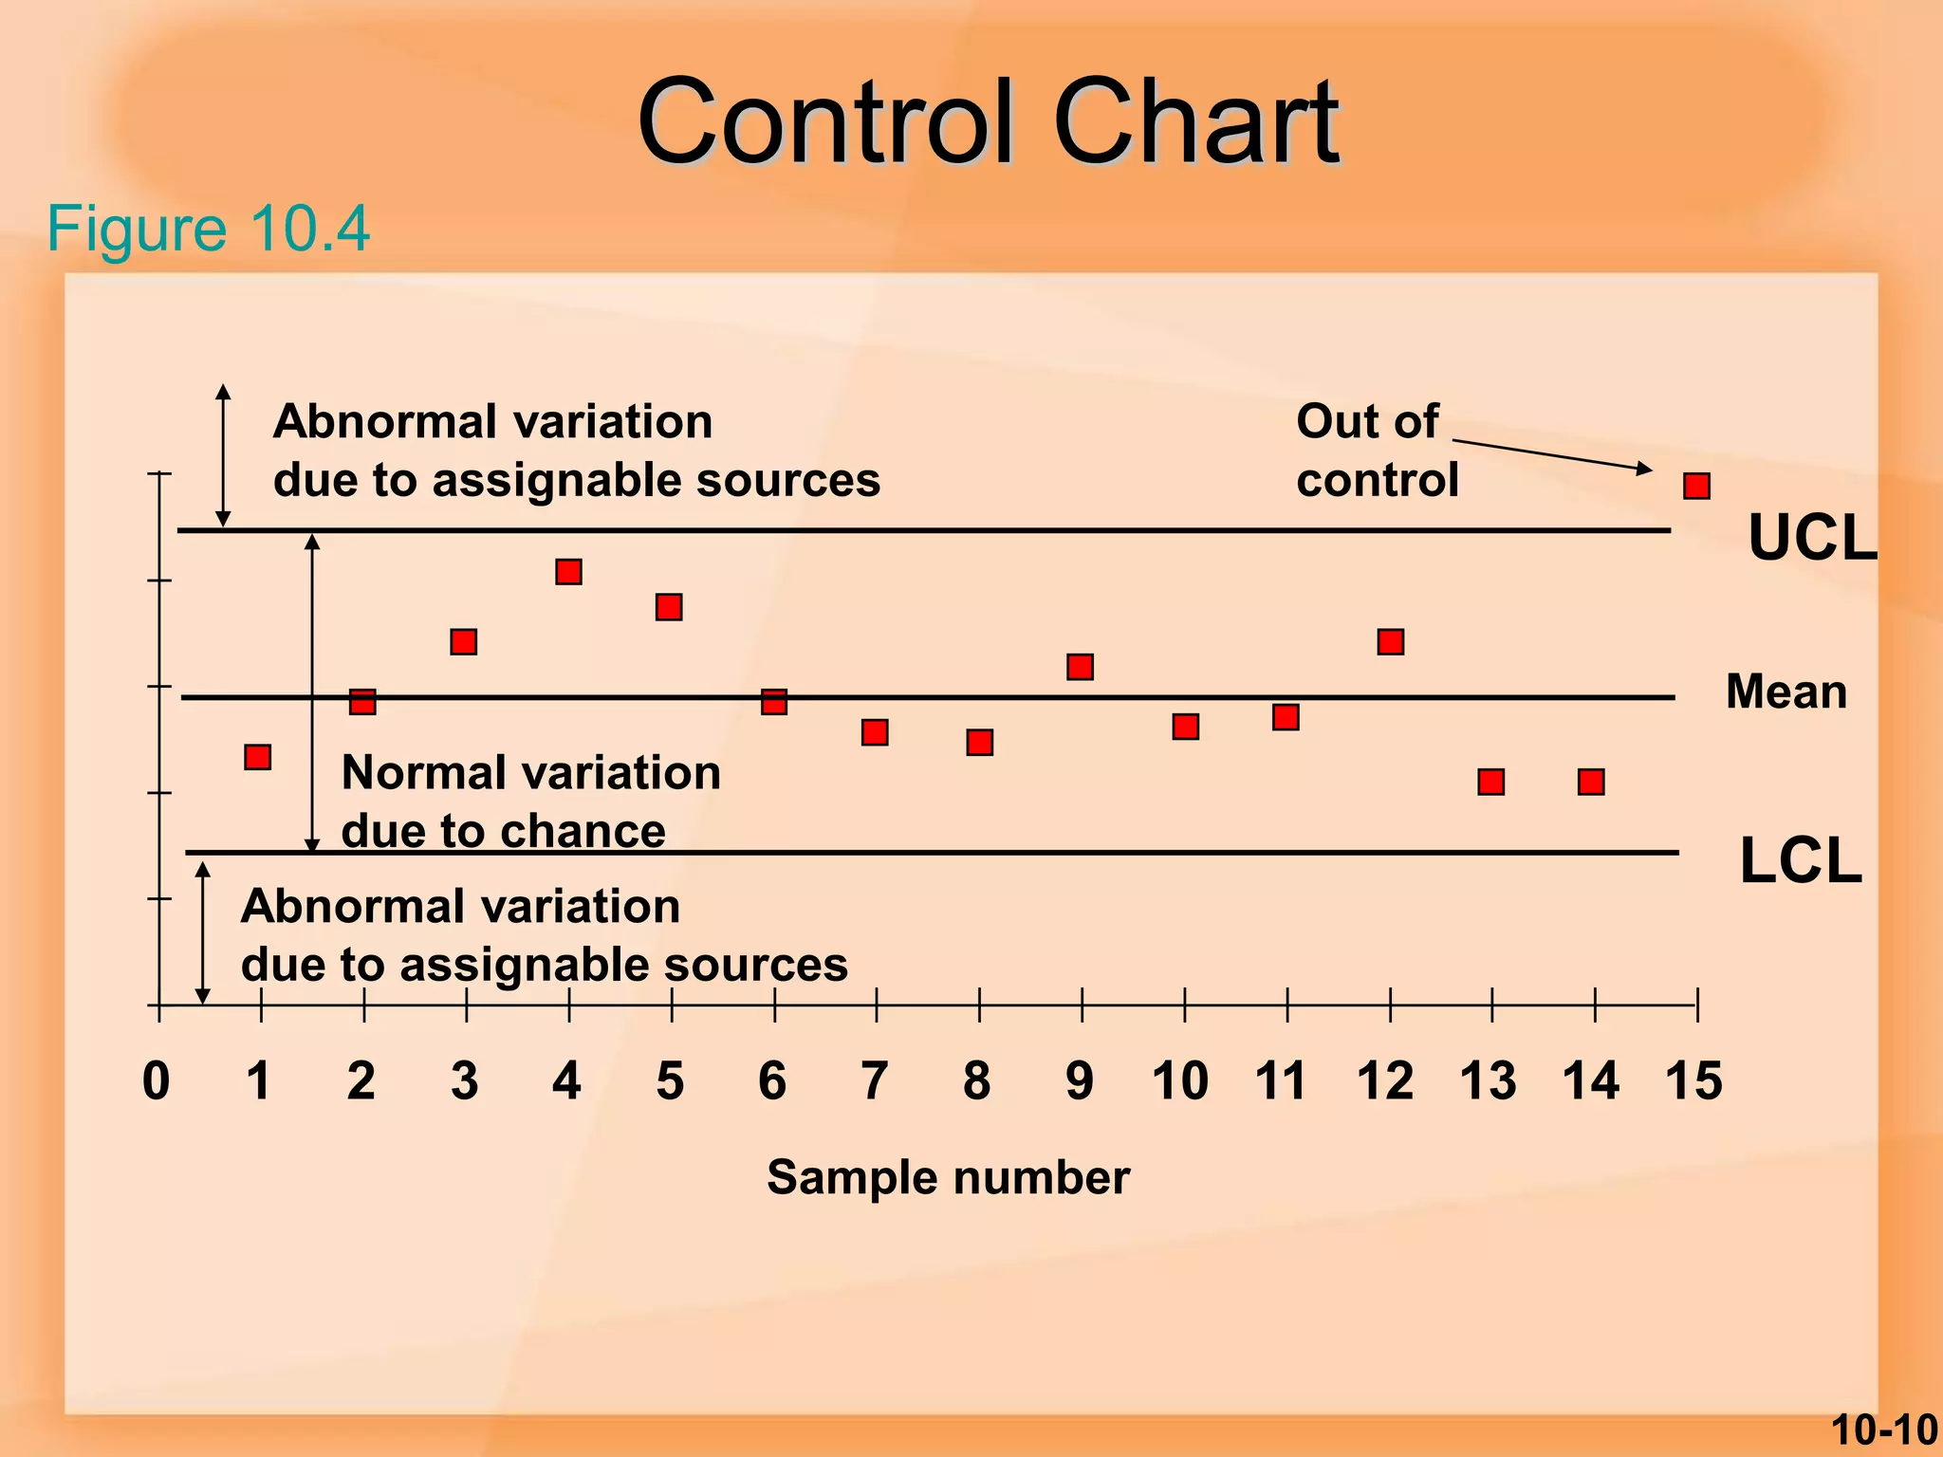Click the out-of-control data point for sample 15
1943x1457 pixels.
tap(1696, 487)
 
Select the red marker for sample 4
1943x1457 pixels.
tap(568, 572)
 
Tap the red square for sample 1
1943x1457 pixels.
tap(257, 757)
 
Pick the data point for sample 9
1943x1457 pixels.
tap(1080, 667)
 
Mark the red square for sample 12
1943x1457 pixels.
tap(1390, 642)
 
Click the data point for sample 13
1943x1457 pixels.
tap(1490, 782)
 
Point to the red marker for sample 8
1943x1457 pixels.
tap(979, 742)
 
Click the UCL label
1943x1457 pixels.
tap(1811, 538)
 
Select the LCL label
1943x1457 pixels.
tap(1800, 861)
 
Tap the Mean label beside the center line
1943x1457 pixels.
tap(1786, 692)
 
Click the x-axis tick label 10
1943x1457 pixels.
tap(1180, 1080)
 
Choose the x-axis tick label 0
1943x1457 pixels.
tap(157, 1080)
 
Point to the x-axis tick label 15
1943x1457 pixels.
tap(1693, 1080)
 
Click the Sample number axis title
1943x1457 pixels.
tap(948, 1177)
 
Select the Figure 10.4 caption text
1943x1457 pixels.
tap(208, 229)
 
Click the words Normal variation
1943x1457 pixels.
tap(530, 772)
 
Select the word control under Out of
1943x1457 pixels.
tap(1377, 480)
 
